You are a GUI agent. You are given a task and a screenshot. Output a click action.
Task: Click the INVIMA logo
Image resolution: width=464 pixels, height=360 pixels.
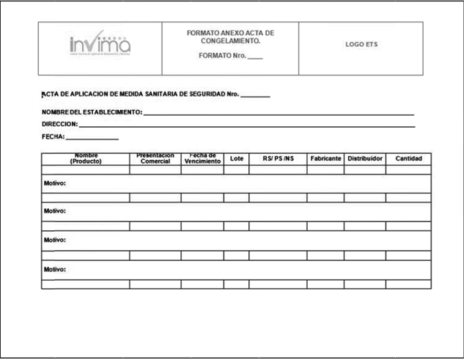point(100,45)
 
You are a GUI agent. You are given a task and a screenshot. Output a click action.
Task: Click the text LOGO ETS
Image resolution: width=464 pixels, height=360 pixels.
point(361,45)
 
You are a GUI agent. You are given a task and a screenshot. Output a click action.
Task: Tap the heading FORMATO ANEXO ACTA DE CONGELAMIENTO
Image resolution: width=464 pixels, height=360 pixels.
point(230,37)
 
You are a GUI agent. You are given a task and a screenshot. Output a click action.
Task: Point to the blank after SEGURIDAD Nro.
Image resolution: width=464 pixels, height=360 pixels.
point(255,95)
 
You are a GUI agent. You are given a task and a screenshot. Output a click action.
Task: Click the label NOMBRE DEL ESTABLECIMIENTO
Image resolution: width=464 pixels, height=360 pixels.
point(92,112)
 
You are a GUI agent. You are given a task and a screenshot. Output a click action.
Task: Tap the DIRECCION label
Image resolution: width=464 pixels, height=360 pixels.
point(59,125)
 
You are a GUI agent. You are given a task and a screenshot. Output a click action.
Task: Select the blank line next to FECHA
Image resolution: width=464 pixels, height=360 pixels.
point(92,137)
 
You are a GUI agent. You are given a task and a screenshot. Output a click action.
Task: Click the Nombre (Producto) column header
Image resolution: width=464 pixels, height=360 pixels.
point(86,158)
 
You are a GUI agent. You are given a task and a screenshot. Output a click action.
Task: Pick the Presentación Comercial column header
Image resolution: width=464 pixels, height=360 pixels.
point(155,158)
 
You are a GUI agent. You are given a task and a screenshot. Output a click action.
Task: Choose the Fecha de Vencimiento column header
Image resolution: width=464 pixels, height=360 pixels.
point(202,158)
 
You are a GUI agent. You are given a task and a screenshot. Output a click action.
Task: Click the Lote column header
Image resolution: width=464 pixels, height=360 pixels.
point(237,159)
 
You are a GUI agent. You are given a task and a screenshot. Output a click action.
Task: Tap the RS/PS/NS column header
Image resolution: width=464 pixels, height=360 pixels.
point(278,159)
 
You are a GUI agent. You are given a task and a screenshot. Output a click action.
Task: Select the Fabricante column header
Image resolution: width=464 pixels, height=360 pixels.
point(325,159)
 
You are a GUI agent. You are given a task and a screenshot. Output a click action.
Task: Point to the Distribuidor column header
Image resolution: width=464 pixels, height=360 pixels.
point(365,159)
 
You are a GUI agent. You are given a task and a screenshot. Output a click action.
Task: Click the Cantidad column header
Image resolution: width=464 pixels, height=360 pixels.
point(408,159)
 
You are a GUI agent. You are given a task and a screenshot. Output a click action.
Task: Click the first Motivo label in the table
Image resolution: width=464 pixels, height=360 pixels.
point(55,183)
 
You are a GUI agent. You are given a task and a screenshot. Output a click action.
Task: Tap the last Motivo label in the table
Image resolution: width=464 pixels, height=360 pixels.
point(55,269)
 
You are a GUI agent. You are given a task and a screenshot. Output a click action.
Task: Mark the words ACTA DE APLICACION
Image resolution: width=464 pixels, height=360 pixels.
point(74,95)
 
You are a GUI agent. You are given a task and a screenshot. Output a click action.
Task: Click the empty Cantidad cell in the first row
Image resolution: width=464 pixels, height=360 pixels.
point(408,170)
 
